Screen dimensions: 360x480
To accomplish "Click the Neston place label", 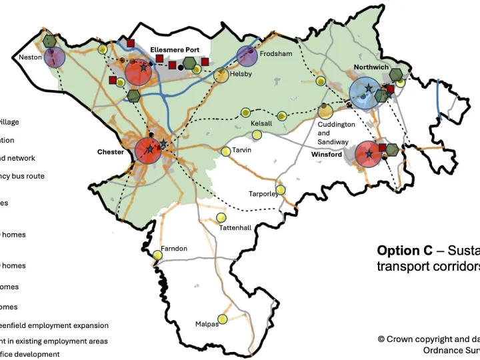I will [x=30, y=57].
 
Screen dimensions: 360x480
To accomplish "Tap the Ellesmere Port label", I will [x=175, y=49].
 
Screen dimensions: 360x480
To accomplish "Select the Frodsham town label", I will [x=276, y=53].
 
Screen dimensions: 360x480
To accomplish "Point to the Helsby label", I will [x=241, y=74].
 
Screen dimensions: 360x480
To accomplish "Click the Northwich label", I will [x=371, y=67].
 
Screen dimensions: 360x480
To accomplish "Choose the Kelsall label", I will [x=261, y=123].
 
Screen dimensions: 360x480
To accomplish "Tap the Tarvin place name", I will [x=241, y=150].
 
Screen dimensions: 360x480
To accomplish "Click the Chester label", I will [x=111, y=152].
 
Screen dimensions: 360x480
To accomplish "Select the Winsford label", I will [x=327, y=155].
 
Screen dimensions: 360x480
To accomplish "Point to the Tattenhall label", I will [x=235, y=228].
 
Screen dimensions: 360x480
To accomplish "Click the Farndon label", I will [x=174, y=249].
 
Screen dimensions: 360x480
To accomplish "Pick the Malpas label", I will [x=207, y=324].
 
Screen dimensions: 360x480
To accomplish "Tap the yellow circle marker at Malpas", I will [x=223, y=320].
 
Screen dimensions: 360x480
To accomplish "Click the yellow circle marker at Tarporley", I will [x=281, y=190].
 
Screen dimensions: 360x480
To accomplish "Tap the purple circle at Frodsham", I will [x=247, y=55].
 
